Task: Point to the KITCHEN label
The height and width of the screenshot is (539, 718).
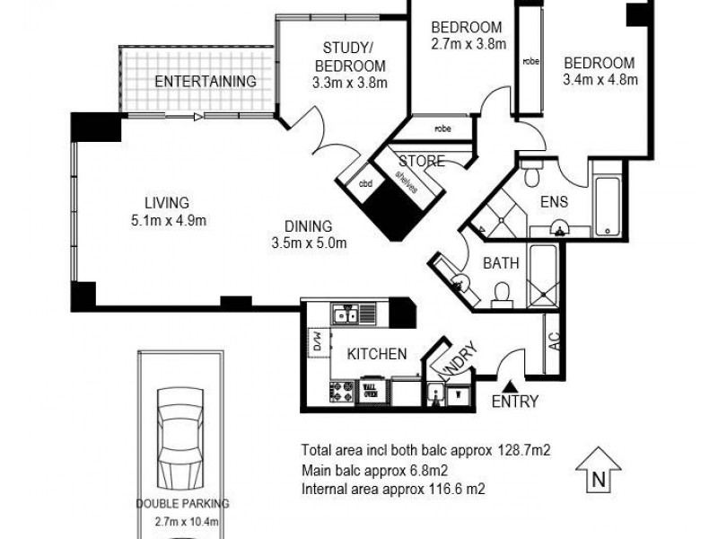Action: tap(378, 354)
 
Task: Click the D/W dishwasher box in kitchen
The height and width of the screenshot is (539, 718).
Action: tap(318, 341)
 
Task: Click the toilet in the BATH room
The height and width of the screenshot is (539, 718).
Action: tap(503, 292)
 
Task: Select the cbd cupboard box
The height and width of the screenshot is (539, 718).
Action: tap(365, 184)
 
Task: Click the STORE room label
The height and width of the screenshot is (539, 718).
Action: tap(421, 162)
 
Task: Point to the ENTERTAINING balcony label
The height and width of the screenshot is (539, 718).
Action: tap(206, 81)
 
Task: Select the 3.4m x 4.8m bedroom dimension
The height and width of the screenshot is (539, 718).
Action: tap(600, 80)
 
